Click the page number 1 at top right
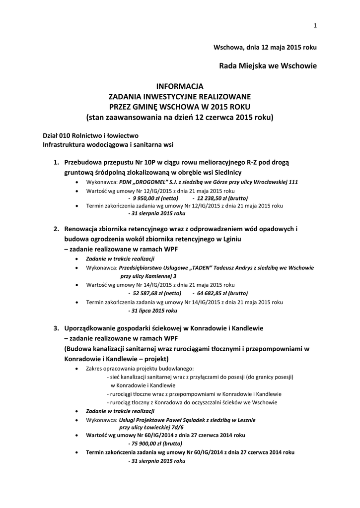pyautogui.click(x=315, y=26)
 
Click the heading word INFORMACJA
pyautogui.click(x=180, y=86)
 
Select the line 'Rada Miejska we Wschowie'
pyautogui.click(x=268, y=65)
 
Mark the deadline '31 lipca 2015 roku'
pyautogui.click(x=153, y=311)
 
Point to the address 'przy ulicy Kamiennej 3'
pyautogui.click(x=148, y=276)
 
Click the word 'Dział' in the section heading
pyautogui.click(x=51, y=135)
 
